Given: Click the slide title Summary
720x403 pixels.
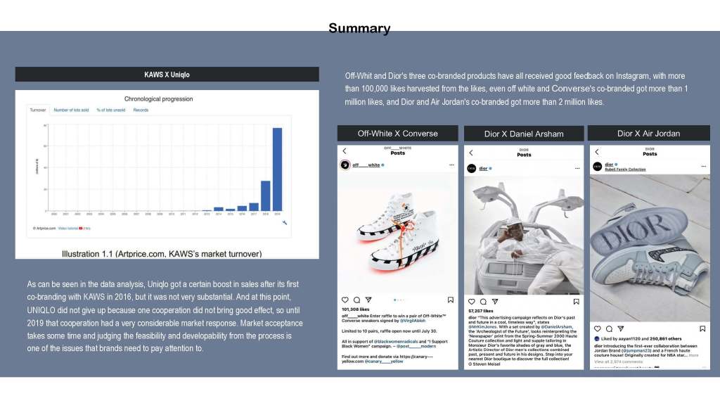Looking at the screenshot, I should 359,28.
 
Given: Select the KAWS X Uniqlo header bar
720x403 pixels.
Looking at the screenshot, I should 167,75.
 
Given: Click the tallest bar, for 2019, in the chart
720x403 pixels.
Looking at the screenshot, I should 277,169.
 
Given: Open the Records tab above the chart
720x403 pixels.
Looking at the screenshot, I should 141,110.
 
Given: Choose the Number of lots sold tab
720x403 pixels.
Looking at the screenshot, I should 71,110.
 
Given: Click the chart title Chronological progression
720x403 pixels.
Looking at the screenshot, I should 158,99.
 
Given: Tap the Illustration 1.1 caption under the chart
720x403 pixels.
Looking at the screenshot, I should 162,253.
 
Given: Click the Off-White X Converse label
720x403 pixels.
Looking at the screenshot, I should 397,134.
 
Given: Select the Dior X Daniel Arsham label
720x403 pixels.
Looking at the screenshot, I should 524,134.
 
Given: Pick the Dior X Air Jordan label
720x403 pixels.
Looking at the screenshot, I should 648,134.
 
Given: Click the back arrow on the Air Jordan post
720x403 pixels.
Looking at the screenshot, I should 597,152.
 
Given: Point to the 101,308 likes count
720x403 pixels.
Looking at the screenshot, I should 356,309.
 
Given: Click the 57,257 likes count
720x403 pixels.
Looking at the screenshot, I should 481,310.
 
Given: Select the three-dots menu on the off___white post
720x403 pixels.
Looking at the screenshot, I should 451,165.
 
